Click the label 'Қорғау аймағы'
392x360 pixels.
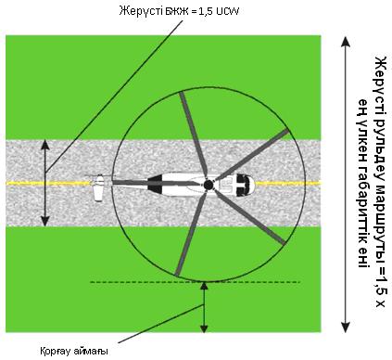click(x=74, y=352)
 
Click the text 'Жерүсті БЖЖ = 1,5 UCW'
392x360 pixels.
click(x=179, y=11)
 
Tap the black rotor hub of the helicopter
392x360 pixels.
click(x=209, y=185)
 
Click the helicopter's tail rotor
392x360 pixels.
click(x=98, y=187)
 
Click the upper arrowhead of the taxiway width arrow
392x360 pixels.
click(x=45, y=145)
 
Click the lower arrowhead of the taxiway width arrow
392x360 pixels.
click(x=45, y=221)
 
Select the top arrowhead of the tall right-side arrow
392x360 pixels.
click(x=346, y=42)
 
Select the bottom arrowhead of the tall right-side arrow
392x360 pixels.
click(x=346, y=327)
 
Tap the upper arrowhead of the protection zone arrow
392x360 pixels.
click(x=204, y=286)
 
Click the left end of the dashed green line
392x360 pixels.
click(x=91, y=282)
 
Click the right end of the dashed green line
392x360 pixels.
click(x=300, y=282)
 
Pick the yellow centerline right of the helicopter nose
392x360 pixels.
click(x=288, y=184)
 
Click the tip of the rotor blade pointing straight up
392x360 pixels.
click(x=182, y=93)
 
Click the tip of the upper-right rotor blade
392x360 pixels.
click(x=288, y=131)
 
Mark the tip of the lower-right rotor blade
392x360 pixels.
click(x=283, y=243)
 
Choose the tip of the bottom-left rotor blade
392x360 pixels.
click(x=177, y=274)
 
